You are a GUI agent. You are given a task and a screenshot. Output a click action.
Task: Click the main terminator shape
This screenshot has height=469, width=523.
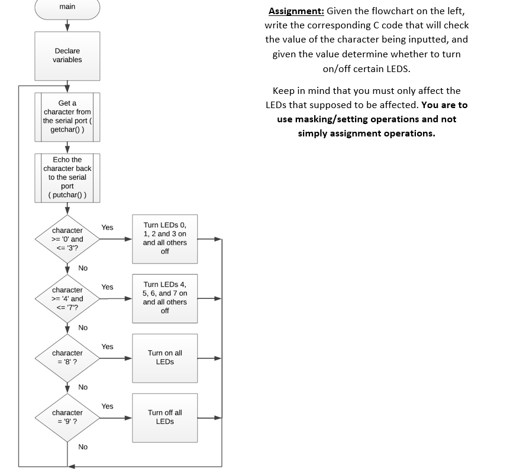[x=67, y=8]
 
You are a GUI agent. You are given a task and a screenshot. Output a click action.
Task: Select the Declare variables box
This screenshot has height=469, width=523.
[x=67, y=56]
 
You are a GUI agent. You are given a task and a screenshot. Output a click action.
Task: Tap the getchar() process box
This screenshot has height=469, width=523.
[x=67, y=116]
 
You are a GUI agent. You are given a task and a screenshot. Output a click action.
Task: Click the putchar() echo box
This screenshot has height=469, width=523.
[x=67, y=177]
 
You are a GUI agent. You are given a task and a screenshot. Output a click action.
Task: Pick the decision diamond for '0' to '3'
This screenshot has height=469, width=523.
[x=67, y=239]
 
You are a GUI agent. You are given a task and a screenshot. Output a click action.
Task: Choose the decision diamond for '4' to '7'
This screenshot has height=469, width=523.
[x=67, y=299]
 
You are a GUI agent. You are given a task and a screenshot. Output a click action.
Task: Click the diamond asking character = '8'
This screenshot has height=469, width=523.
[x=67, y=358]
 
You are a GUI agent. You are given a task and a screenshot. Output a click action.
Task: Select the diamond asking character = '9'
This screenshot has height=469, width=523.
[x=67, y=418]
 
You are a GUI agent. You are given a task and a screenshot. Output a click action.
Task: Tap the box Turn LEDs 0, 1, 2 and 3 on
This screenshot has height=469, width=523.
[x=164, y=239]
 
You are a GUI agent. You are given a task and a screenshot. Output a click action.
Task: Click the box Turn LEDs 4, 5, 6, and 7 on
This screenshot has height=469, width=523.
[x=164, y=298]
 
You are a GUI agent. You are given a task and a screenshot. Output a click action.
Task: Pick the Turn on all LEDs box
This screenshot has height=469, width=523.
[x=164, y=357]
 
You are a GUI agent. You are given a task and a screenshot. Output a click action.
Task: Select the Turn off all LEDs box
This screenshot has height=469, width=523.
[x=164, y=417]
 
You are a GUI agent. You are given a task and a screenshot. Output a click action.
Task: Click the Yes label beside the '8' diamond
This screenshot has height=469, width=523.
[x=107, y=347]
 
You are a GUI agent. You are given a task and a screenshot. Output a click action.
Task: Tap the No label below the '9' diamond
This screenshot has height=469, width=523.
[x=83, y=447]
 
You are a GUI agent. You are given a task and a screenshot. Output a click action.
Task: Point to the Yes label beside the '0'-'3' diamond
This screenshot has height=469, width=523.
[x=107, y=227]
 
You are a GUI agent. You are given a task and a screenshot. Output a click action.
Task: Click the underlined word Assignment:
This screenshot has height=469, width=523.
[x=296, y=11]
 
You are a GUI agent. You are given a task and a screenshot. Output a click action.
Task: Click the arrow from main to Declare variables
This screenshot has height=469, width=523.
[x=67, y=25]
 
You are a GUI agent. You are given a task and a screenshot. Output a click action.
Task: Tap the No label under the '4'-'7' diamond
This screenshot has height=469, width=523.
[x=83, y=328]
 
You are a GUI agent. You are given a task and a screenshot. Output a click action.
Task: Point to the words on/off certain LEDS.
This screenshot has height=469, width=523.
[x=366, y=69]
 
